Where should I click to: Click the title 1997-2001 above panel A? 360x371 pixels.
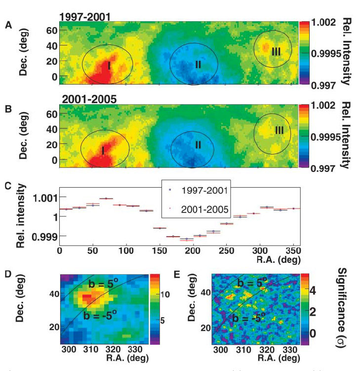pos(84,17)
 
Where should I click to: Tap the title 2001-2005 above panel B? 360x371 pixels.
pos(88,99)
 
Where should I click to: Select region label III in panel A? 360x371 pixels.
pos(276,51)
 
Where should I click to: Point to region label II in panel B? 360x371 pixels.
pos(197,145)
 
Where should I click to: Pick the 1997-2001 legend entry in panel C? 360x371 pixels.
pos(200,190)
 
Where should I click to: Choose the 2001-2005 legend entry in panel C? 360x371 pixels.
pos(200,209)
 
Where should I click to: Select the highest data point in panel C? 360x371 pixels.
pos(106,199)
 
